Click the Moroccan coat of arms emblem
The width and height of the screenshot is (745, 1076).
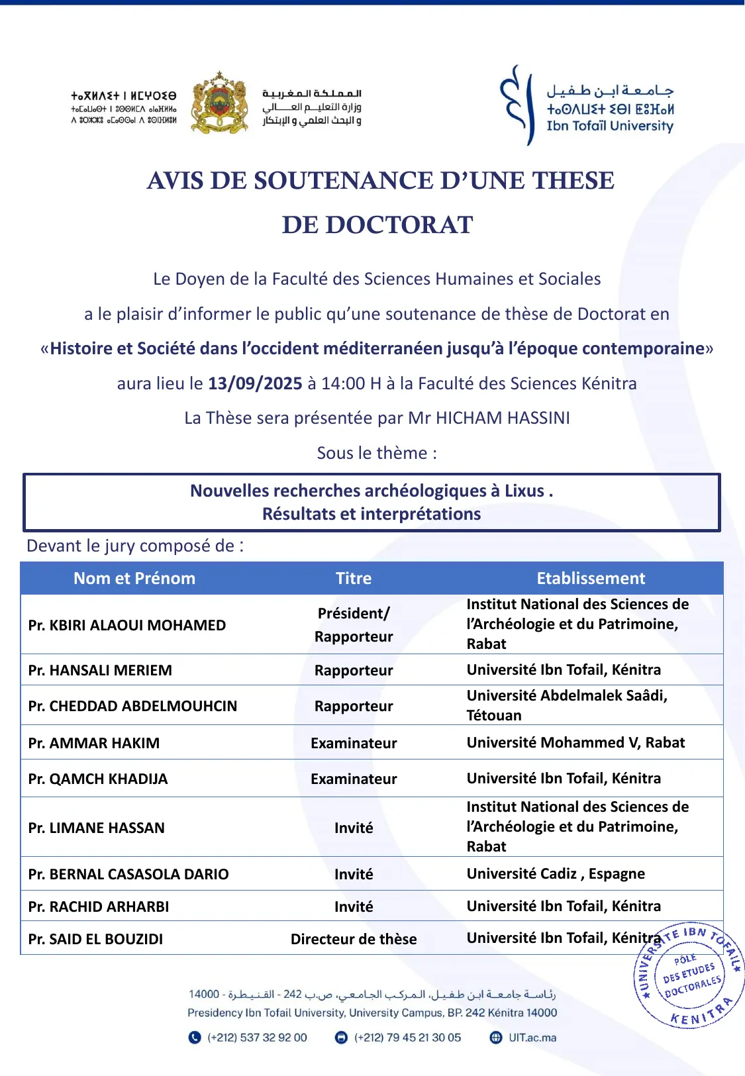219,103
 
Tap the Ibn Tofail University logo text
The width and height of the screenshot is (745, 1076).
609,126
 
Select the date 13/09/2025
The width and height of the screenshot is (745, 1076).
255,383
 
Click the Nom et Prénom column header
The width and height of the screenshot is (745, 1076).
134,578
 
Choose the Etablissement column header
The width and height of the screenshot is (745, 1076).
591,578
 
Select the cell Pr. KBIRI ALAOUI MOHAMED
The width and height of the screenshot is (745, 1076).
127,625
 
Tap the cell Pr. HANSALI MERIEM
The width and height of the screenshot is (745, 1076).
100,670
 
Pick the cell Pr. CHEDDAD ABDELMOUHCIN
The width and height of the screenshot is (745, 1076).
132,706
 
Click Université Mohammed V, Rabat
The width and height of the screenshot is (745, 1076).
575,742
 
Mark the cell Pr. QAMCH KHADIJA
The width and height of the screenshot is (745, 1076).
98,779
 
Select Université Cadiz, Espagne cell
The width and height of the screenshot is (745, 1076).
556,873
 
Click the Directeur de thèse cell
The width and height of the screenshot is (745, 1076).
354,939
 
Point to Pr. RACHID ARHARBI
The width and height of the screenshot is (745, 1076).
99,906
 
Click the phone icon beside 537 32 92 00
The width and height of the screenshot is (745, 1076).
195,1038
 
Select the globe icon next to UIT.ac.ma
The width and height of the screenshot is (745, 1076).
496,1038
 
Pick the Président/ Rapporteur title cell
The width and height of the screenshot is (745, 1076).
354,624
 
